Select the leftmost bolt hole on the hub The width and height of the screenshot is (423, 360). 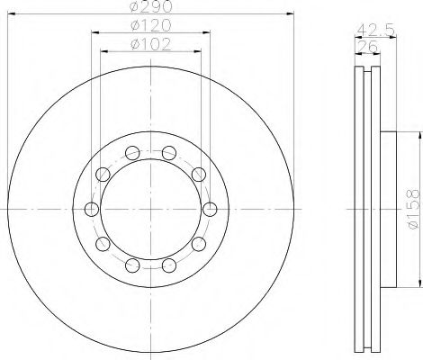pos(90,210)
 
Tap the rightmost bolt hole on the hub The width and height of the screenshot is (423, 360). pos(210,210)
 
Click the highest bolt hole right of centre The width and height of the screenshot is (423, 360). pos(169,152)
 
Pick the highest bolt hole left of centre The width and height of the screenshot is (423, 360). pos(131,152)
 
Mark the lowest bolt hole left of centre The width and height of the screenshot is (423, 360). pos(131,265)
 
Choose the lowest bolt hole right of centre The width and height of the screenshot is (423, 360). pos(169,265)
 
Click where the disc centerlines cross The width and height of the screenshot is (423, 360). pos(150,209)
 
